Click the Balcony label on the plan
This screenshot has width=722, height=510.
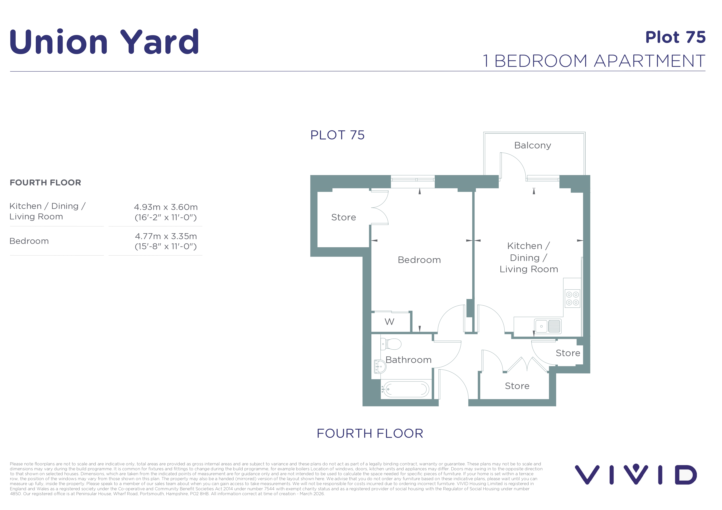pos(533,145)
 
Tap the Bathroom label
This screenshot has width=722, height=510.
pos(408,360)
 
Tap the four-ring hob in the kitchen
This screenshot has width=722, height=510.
pos(572,299)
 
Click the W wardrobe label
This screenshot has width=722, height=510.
pos(389,322)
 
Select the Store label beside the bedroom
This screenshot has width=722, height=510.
pos(343,217)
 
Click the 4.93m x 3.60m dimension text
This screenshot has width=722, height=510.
pos(166,207)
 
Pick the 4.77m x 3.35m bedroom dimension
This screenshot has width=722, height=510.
pos(166,236)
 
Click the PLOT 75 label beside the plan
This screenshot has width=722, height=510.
pos(337,135)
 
